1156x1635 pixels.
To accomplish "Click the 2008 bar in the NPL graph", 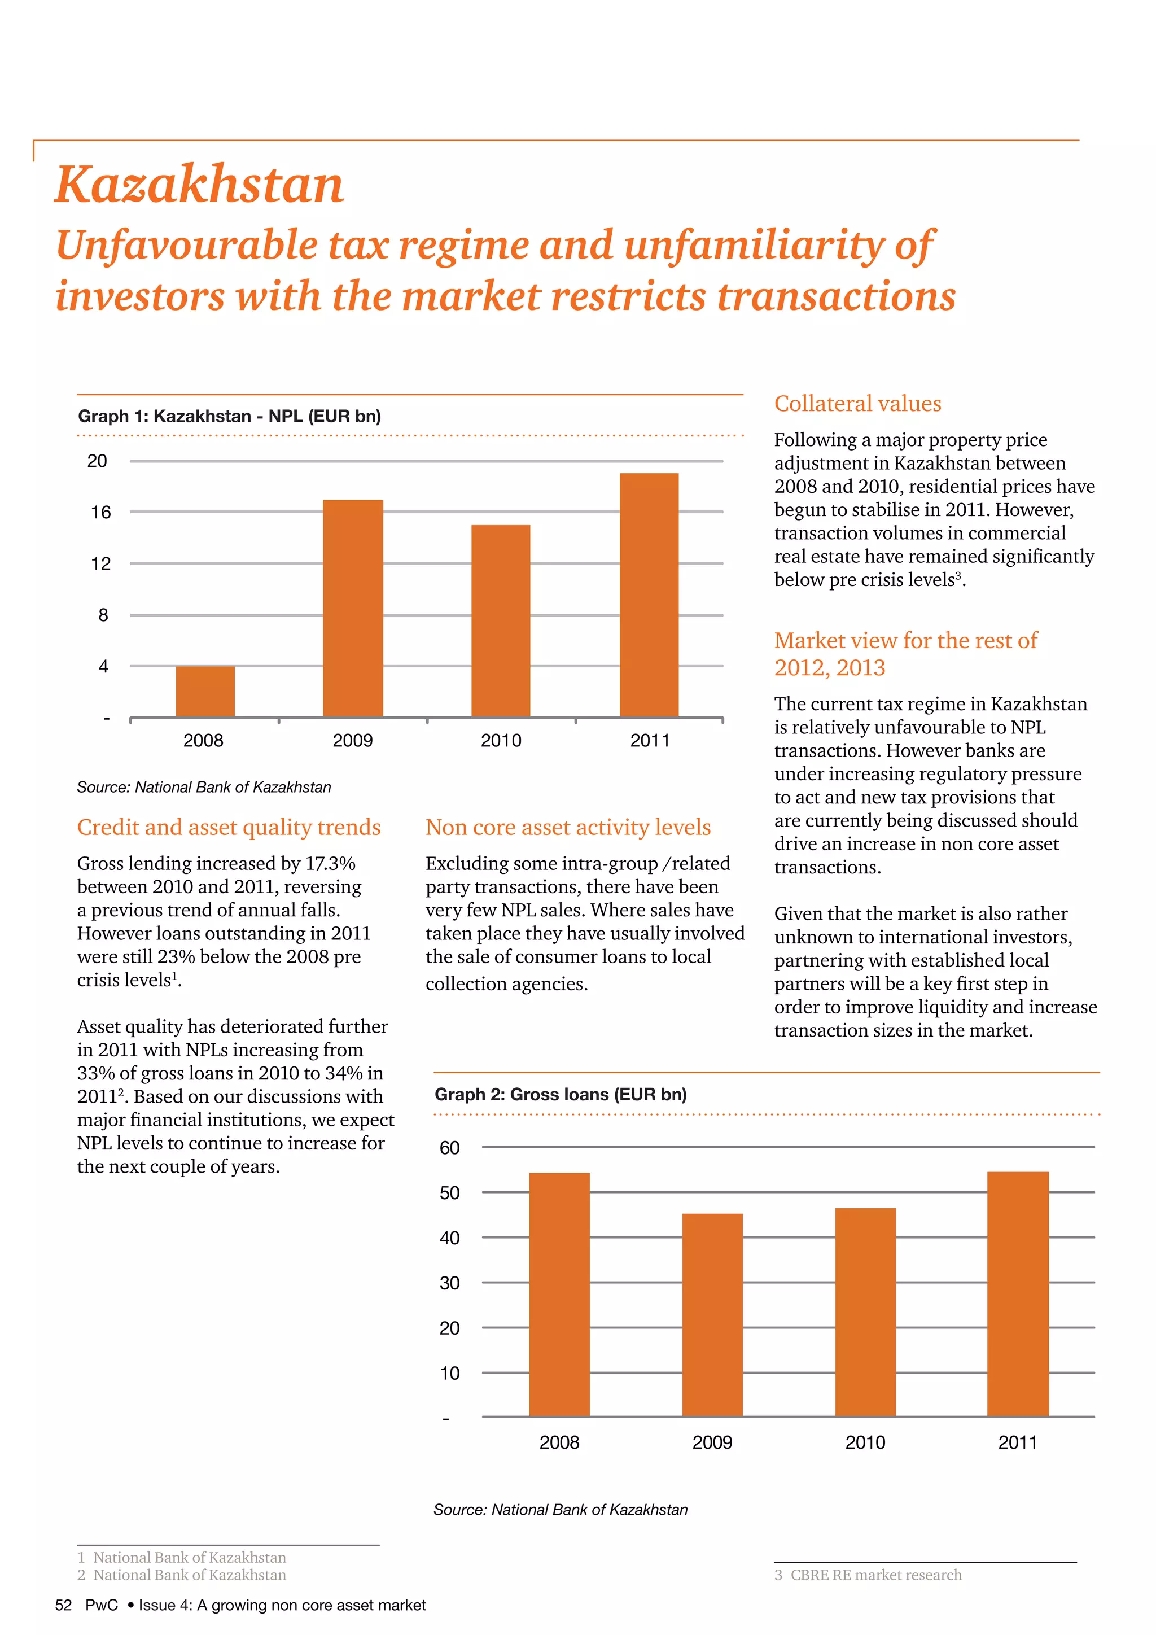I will coord(205,692).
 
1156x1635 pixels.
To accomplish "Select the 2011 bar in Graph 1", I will coord(649,594).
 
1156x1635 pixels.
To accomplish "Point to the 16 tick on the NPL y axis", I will coord(101,512).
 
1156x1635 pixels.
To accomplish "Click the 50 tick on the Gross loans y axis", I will coord(449,1193).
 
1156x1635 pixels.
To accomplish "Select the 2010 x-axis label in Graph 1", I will coord(501,741).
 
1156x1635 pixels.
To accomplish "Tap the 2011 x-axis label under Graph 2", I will coord(1017,1442).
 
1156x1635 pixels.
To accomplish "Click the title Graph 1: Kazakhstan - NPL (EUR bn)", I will coord(229,416).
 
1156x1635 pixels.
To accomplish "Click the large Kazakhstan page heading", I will coord(199,185).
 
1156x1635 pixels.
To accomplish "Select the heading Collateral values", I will coord(857,404).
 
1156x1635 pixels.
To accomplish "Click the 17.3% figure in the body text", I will coord(330,863).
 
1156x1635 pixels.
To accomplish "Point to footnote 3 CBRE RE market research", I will coord(868,1575).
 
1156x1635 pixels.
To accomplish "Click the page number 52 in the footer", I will coord(63,1605).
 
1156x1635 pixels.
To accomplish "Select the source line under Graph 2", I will coord(560,1510).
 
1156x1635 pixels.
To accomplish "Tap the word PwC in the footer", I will coord(101,1605).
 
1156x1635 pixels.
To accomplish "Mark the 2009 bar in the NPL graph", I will coord(352,608).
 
